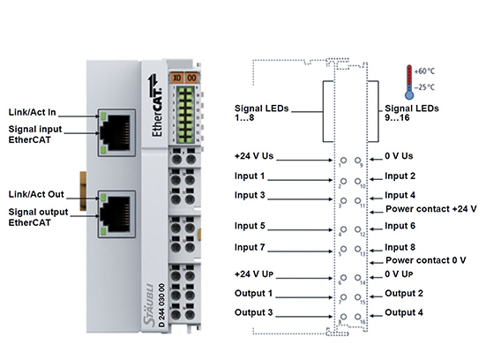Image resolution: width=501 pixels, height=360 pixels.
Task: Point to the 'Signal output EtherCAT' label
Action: click(x=36, y=217)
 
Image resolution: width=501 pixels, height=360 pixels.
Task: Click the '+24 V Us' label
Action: click(x=256, y=156)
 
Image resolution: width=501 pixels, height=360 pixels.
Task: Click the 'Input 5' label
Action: click(x=250, y=226)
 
